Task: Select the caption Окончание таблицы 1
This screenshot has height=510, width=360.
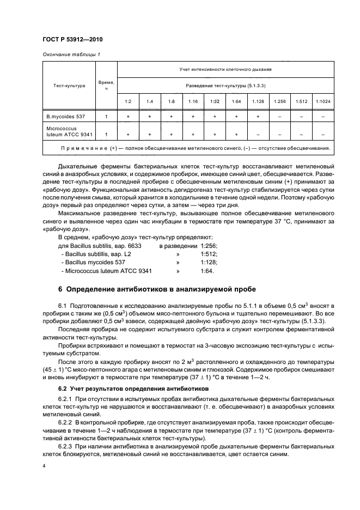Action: coord(71,54)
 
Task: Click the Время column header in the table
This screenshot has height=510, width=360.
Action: coord(106,86)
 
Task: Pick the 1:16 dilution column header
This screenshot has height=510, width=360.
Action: coord(193,101)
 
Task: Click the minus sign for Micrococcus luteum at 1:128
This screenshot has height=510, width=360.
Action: coord(257,134)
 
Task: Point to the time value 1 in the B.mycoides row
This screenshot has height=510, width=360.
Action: coord(106,117)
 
